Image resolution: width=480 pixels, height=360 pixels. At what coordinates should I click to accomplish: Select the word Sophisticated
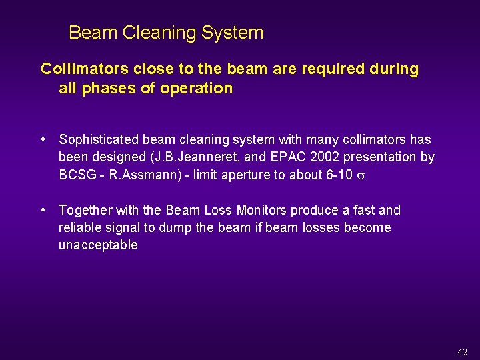pos(98,140)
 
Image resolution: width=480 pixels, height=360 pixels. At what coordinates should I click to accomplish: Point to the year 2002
pos(313,157)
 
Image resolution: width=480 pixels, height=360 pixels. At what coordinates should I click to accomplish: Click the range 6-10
pos(337,175)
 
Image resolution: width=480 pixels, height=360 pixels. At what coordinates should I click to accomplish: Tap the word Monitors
pos(261,211)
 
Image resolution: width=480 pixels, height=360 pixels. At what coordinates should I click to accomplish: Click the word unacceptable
pos(98,245)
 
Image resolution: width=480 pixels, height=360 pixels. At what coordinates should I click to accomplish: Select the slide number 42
pos(463,352)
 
